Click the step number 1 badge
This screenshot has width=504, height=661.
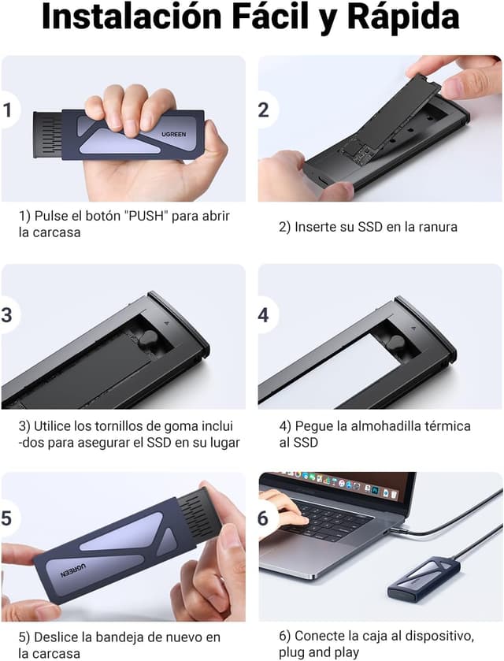coord(8,110)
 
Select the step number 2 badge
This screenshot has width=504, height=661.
coord(264,110)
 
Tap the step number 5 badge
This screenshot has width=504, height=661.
coord(8,518)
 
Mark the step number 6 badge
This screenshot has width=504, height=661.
coord(264,518)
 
